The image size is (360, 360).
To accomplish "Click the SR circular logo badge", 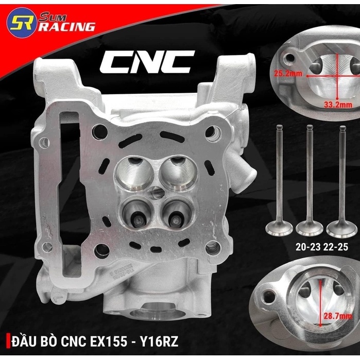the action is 21,23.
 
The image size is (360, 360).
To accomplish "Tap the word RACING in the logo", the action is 66,27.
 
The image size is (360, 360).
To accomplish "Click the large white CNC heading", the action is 148,62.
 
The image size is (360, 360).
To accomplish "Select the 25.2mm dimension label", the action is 288,74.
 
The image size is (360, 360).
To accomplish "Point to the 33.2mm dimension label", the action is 338,105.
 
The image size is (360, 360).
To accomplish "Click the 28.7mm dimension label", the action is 337,316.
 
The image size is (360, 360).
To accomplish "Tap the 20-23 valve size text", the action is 308,247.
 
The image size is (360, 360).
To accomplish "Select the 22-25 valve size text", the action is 335,247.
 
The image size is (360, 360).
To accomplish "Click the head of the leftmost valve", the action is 279,229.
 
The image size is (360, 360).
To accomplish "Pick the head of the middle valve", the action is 310,229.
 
